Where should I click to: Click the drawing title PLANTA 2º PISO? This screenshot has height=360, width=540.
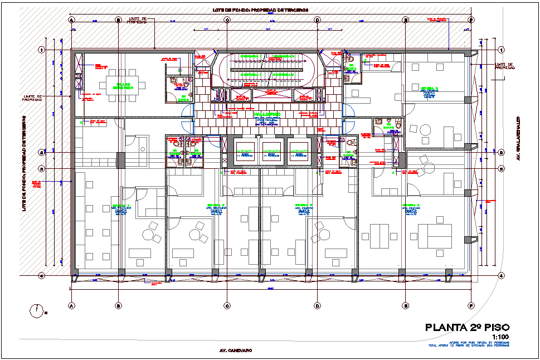467,328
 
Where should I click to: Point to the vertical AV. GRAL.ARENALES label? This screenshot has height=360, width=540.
518,138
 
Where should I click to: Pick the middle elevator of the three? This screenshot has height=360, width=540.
273,153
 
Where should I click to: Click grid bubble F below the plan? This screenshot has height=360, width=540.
471,305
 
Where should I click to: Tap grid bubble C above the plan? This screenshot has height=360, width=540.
227,20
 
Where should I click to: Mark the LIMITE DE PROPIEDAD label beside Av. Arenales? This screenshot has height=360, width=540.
504,66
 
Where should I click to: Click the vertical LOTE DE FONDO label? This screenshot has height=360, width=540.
25,163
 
